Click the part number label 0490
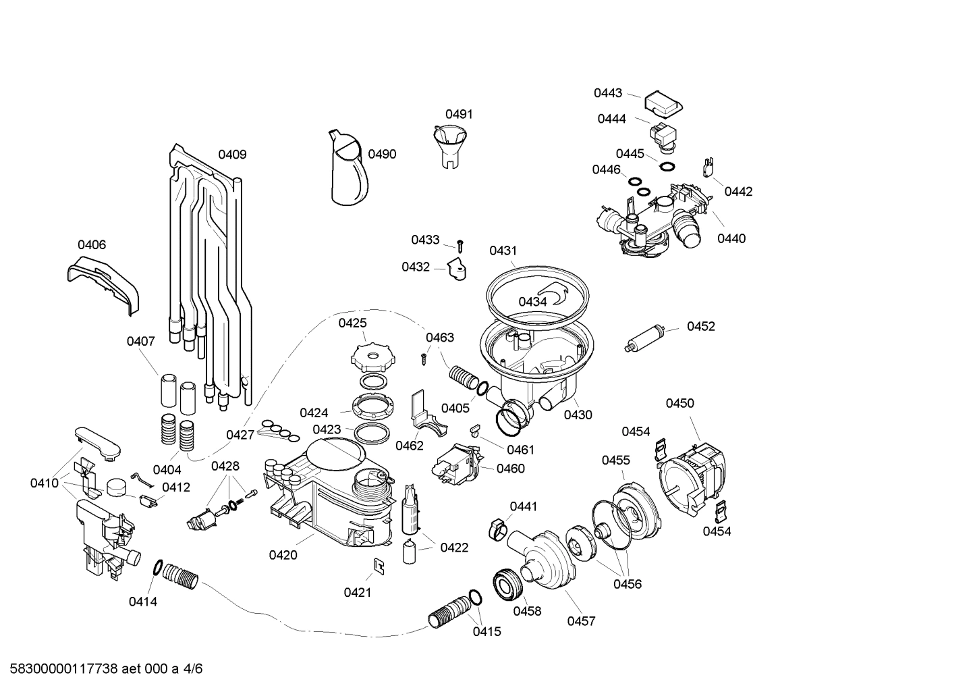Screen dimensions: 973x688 tap(382, 154)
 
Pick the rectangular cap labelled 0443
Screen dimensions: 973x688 tap(663, 103)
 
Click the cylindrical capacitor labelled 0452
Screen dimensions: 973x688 tap(647, 337)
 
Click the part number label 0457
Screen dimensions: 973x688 tap(581, 621)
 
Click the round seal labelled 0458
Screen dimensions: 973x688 tap(507, 583)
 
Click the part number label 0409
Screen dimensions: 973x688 tap(232, 155)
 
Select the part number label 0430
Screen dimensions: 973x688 tap(578, 415)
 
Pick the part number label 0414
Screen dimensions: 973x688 tap(143, 601)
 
